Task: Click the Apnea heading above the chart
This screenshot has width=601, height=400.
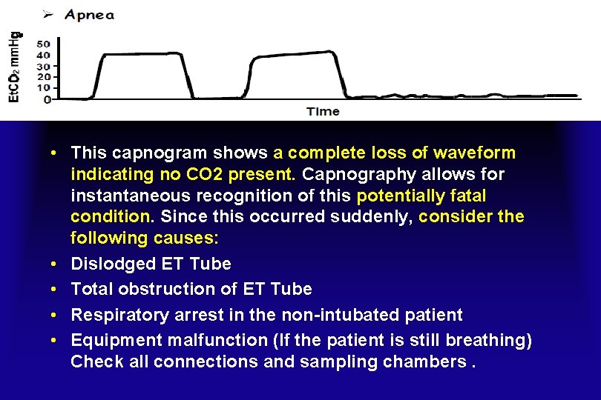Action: point(89,15)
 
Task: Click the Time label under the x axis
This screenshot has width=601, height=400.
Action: point(323,112)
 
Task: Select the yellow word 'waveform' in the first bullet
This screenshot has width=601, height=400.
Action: point(476,153)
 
